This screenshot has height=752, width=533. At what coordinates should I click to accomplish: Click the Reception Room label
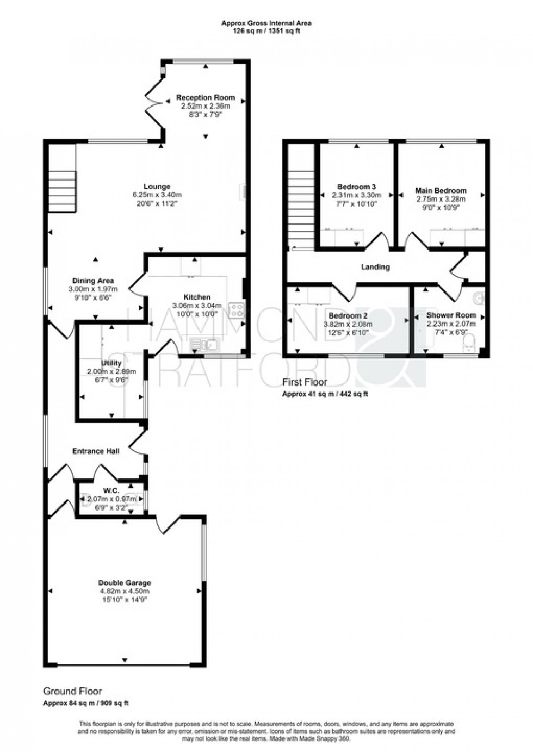(206, 98)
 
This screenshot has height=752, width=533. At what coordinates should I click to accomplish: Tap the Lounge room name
(157, 187)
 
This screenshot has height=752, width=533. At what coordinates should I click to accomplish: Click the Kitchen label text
(196, 297)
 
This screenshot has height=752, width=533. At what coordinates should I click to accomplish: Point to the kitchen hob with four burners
(237, 310)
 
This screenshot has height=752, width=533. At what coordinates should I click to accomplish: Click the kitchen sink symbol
(204, 344)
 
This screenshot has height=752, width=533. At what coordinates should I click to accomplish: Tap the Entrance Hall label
(96, 451)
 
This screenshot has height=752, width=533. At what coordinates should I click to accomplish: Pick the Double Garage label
(125, 583)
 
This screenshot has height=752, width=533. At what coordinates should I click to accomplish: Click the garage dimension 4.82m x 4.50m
(125, 591)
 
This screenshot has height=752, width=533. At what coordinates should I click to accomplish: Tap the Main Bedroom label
(441, 191)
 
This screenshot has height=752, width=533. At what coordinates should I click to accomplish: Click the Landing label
(375, 267)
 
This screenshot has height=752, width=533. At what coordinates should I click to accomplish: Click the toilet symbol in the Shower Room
(468, 343)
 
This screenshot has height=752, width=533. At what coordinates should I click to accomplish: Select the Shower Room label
(451, 315)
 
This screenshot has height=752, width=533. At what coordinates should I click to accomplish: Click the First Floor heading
(305, 382)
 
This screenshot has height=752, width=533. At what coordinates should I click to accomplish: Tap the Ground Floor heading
(72, 692)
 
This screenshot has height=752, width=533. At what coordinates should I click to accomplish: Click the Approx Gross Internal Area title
(266, 23)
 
